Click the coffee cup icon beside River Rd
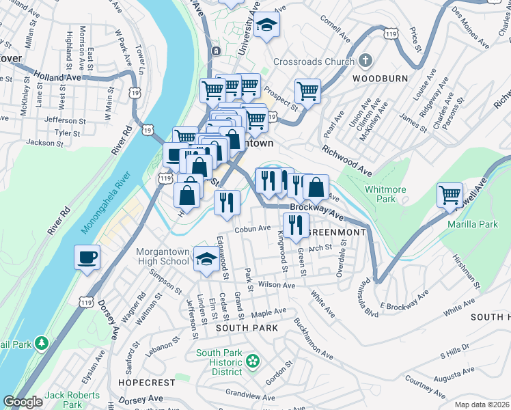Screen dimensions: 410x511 click(x=87, y=258)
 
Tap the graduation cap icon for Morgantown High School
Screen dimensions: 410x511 click(x=204, y=259)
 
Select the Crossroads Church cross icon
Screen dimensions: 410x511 click(x=367, y=61)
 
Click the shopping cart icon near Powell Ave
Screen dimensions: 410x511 click(x=450, y=195)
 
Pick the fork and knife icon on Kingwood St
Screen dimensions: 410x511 click(x=295, y=225)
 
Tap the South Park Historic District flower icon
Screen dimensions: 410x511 click(x=253, y=359)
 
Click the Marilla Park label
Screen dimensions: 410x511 click(x=472, y=223)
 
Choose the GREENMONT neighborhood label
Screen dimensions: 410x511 click(x=336, y=232)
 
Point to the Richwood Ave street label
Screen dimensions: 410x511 click(x=347, y=160)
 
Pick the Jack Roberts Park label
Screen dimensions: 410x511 click(x=72, y=400)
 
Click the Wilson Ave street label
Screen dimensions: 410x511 click(x=276, y=285)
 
